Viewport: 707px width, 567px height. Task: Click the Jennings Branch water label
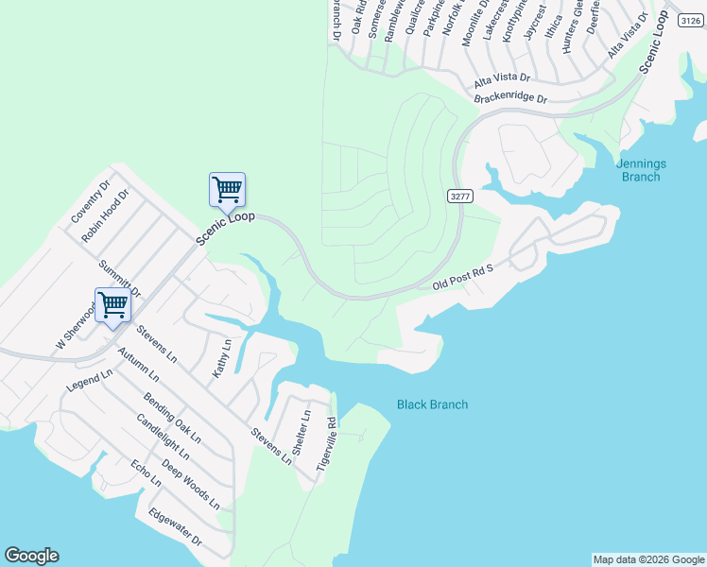coord(641,170)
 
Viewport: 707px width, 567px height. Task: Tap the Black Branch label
coord(432,404)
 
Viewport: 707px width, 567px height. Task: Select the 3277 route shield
coord(459,196)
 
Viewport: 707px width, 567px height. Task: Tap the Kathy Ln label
coord(221,358)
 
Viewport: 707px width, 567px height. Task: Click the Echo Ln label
coord(147,473)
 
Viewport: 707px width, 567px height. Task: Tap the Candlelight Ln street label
coord(163,437)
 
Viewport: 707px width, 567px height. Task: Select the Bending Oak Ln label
coord(172,419)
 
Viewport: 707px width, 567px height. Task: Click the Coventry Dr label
coord(91,201)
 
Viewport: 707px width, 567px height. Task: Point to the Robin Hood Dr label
coord(104,215)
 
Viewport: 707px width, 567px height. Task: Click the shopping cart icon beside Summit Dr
coord(112,305)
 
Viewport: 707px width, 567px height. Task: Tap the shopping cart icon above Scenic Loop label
coord(227,189)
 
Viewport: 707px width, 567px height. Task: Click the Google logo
coord(31,556)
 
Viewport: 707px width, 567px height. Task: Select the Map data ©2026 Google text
coord(647,559)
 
